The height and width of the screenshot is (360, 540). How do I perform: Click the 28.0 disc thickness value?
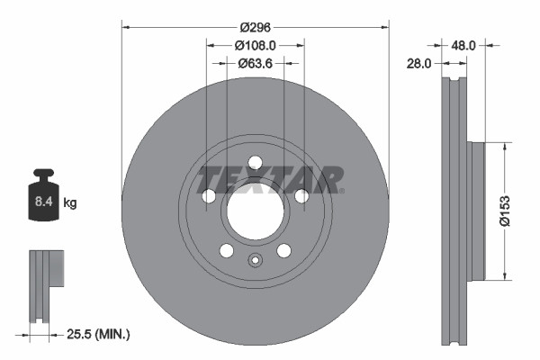click(420, 63)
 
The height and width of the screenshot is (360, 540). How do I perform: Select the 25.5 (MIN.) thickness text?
click(100, 334)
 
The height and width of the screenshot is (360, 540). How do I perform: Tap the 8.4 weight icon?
click(42, 195)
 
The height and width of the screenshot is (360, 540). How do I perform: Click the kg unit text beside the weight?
click(70, 203)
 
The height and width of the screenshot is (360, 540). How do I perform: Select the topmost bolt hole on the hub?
click(255, 162)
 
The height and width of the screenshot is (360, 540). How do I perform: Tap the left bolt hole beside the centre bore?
click(209, 196)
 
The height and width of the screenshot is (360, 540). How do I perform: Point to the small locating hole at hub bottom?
click(255, 262)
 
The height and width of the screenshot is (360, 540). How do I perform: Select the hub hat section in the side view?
click(476, 211)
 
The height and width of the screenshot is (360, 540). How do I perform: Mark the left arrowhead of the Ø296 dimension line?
click(124, 25)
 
